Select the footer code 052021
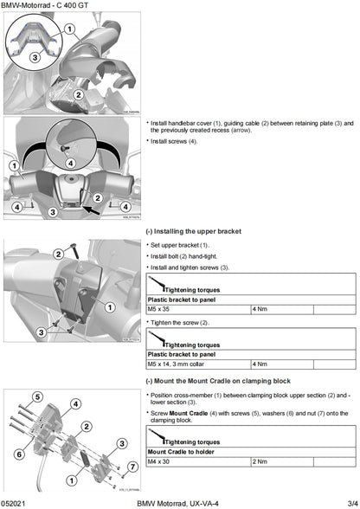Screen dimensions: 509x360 pos(16,502)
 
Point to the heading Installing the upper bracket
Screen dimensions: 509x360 pos(196,232)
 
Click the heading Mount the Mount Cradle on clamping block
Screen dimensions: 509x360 pos(220,381)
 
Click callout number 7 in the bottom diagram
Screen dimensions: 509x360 pos(132,467)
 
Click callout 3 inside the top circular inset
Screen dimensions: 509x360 pos(34,56)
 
